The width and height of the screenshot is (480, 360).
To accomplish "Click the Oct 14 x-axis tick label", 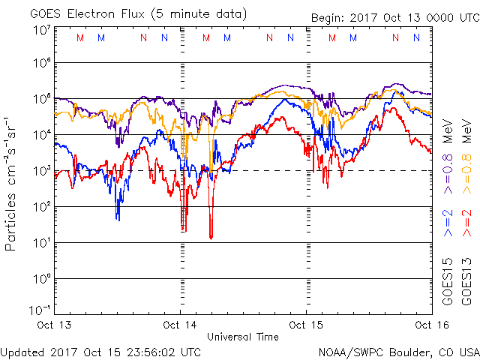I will pos(180,325).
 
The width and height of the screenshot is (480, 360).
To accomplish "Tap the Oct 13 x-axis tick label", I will pos(56,325).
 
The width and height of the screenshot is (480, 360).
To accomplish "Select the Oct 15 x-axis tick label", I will pos(306,325).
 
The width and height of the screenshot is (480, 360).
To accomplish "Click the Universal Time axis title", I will pos(243,337).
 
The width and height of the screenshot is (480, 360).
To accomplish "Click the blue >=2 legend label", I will pos(447,224).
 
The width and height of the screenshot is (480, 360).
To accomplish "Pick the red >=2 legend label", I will pos(466,224).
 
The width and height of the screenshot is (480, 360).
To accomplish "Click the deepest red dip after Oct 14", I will pos(211,237).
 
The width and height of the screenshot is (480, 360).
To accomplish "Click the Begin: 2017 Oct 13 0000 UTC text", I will pos(394,18).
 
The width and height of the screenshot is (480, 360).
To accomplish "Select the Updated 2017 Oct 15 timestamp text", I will pos(101,351).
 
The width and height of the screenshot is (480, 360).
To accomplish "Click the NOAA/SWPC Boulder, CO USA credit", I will pos(398,351).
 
